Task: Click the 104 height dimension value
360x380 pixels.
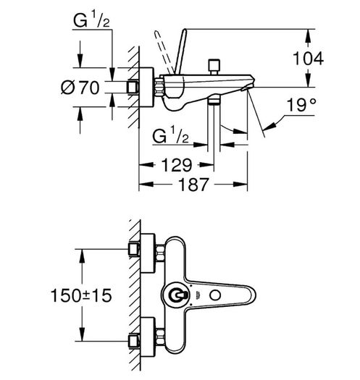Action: click(x=309, y=59)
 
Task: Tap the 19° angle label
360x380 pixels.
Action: click(x=301, y=105)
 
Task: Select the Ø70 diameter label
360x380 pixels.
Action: click(x=80, y=88)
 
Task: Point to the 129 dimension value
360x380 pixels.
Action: click(x=177, y=165)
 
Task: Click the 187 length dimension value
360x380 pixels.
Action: click(x=193, y=185)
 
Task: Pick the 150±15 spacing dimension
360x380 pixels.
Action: click(x=81, y=295)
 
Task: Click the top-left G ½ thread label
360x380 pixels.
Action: click(x=91, y=20)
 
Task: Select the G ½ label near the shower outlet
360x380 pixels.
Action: click(x=170, y=136)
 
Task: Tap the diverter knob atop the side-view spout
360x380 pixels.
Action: click(x=214, y=67)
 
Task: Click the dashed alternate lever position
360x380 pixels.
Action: click(x=164, y=51)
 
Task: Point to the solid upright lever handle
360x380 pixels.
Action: click(x=181, y=51)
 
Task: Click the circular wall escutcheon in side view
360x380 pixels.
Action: click(x=146, y=87)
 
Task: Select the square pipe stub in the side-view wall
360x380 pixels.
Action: click(x=133, y=88)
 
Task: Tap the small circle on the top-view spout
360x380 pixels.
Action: click(x=215, y=295)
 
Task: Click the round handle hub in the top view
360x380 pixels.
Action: click(x=175, y=295)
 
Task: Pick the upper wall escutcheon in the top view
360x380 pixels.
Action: click(x=148, y=253)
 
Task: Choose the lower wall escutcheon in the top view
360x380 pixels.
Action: click(x=148, y=337)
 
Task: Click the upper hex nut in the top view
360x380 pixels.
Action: click(x=159, y=253)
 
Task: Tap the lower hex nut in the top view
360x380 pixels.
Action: click(x=159, y=337)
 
